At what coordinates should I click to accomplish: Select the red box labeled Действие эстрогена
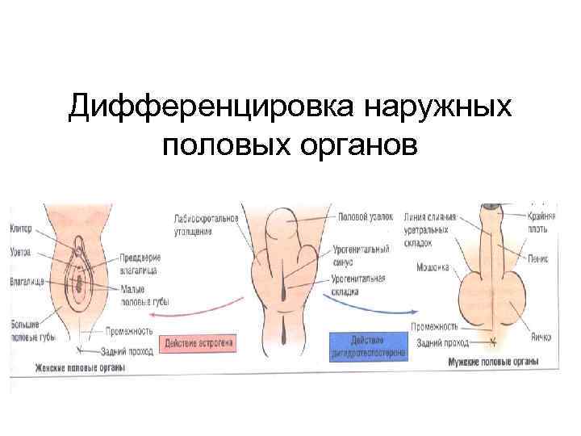tap(199, 342)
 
